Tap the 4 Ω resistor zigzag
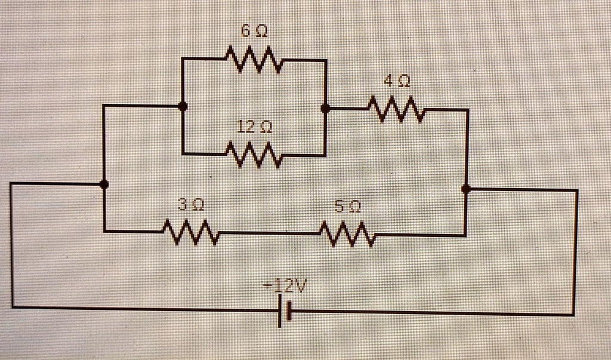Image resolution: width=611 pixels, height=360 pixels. click(x=396, y=110)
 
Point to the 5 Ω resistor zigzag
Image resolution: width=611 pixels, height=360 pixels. click(x=348, y=234)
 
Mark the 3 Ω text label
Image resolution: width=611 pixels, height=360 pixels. click(x=191, y=205)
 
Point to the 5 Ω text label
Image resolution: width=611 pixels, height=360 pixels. click(x=347, y=207)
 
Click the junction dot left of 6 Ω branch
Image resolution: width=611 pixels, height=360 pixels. click(x=183, y=106)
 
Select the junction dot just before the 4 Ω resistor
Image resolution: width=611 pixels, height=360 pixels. click(x=325, y=109)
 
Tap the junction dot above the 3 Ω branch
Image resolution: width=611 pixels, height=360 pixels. click(x=104, y=184)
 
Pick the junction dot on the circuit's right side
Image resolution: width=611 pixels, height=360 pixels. click(x=466, y=189)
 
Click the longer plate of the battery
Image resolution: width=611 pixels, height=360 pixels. click(x=279, y=312)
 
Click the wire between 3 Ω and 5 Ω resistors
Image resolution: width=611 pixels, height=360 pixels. click(x=269, y=233)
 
